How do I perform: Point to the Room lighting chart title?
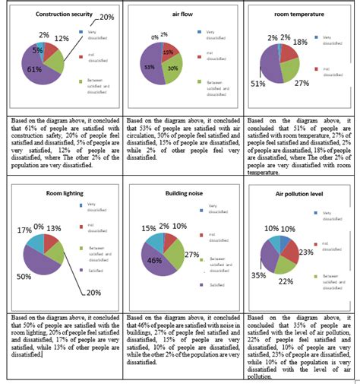pyautogui.click(x=40, y=194)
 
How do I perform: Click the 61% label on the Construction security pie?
pyautogui.click(x=34, y=69)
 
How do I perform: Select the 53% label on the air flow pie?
pyautogui.click(x=149, y=67)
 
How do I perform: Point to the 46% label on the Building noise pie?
pyautogui.click(x=153, y=260)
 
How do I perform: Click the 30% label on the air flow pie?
pyautogui.click(x=173, y=68)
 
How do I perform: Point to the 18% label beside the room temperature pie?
pyautogui.click(x=321, y=43)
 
